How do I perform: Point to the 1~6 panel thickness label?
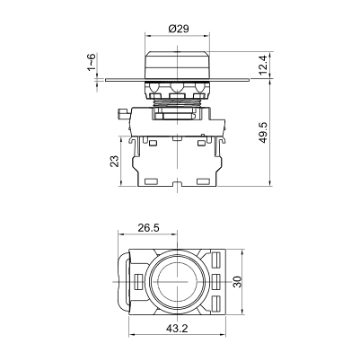91,62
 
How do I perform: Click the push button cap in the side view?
175,63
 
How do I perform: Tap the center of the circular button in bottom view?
175,281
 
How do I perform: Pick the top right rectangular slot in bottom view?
218,260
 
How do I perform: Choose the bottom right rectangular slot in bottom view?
218,302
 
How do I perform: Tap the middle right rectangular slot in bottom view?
218,281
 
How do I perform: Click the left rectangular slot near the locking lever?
137,281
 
